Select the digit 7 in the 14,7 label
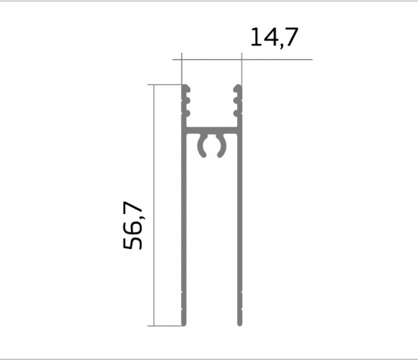click(x=291, y=37)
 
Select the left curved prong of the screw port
click(x=202, y=145)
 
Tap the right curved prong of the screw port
click(x=221, y=145)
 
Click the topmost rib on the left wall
click(x=187, y=89)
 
